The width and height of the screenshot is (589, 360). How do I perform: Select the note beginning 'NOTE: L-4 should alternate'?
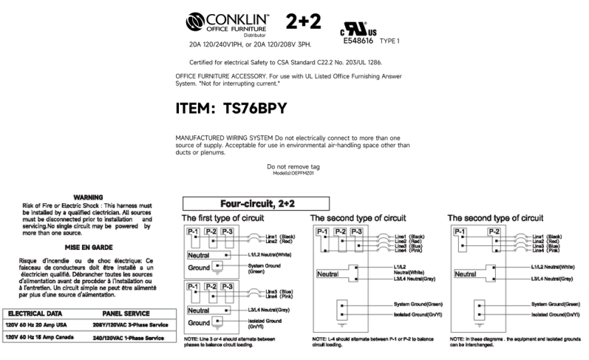coord(361,341)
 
